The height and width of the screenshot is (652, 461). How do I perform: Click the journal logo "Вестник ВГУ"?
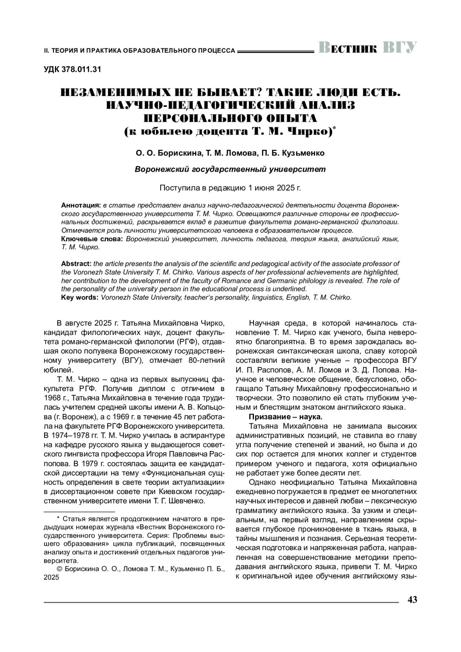pos(367,48)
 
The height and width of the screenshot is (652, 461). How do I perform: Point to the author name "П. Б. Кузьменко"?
pos(293,153)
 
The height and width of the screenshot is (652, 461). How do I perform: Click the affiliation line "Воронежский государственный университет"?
pos(230,169)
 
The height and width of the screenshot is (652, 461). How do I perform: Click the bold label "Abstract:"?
pos(76,264)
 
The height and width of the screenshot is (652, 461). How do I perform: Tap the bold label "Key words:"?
pos(80,297)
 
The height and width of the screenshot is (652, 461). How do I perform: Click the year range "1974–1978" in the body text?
pos(71,435)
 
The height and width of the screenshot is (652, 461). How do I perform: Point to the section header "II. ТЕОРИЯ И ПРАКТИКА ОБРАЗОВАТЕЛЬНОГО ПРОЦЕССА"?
pos(139,50)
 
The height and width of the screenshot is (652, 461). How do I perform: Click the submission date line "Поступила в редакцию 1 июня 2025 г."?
pos(230,188)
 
